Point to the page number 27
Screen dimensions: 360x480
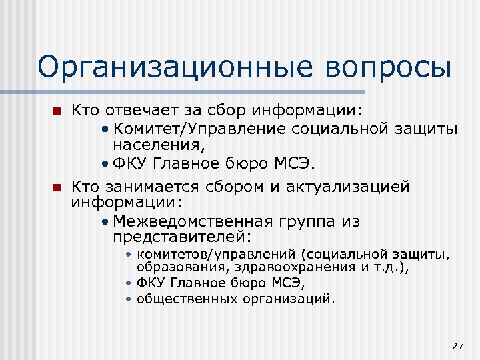457,345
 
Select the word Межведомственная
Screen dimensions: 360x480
188,222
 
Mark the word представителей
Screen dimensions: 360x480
181,237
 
